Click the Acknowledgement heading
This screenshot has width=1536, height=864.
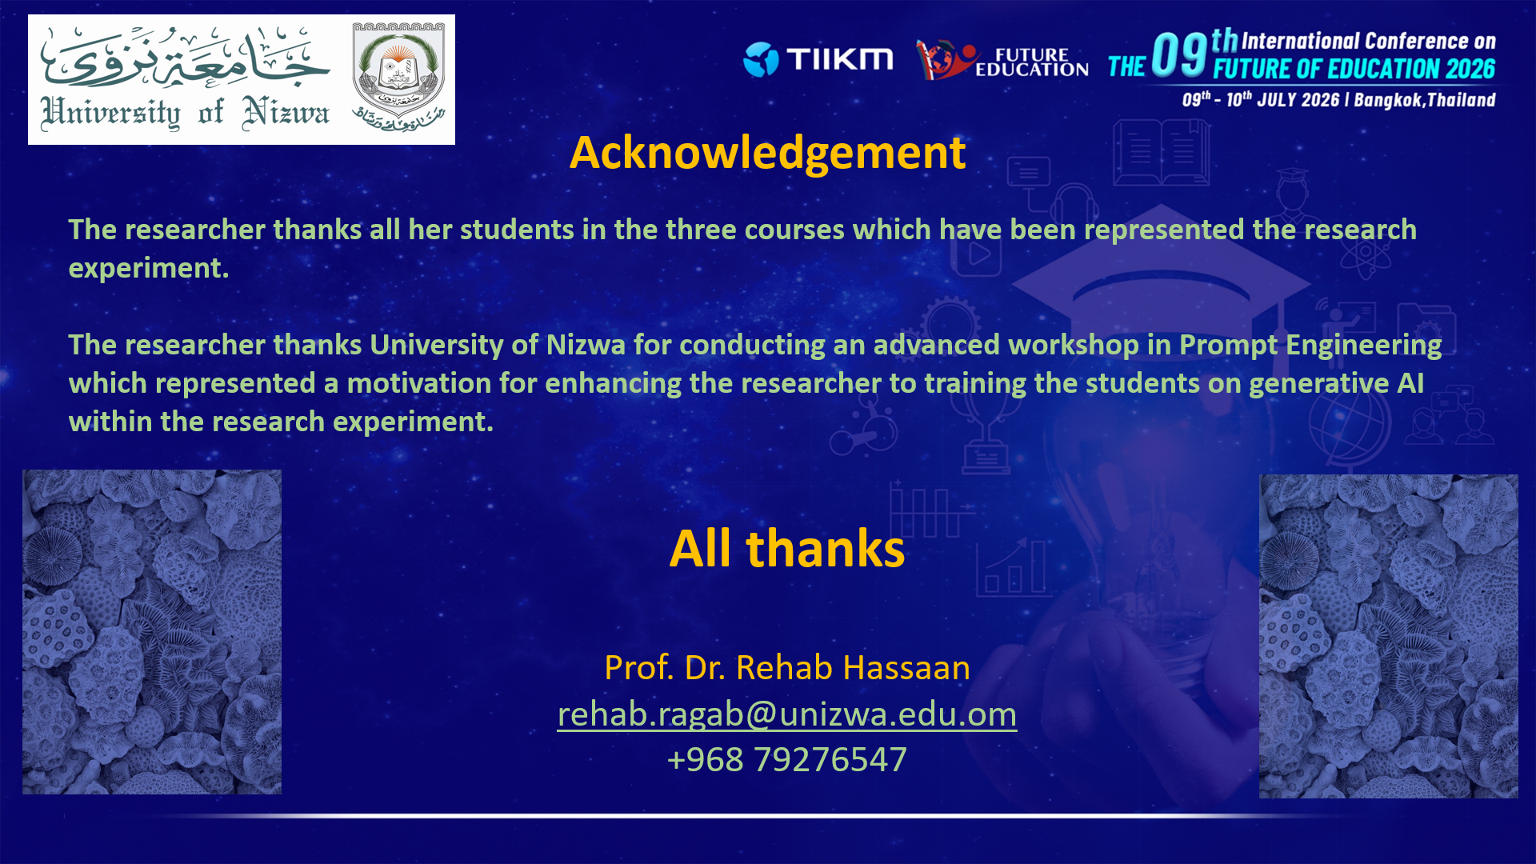click(767, 153)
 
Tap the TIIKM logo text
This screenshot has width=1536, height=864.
click(839, 58)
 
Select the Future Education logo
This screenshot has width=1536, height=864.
click(1002, 59)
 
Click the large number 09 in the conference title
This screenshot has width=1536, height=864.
click(1179, 55)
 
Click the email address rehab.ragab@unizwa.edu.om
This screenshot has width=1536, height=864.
click(787, 714)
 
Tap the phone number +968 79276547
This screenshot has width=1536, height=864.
click(787, 759)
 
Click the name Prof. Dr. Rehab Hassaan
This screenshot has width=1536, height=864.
click(787, 667)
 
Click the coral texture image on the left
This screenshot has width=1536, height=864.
click(152, 632)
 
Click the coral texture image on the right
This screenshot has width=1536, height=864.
click(1389, 636)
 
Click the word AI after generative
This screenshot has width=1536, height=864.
click(1410, 383)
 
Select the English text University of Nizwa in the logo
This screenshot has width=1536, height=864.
click(185, 113)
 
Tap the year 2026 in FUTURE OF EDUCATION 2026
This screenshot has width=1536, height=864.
click(1470, 70)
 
